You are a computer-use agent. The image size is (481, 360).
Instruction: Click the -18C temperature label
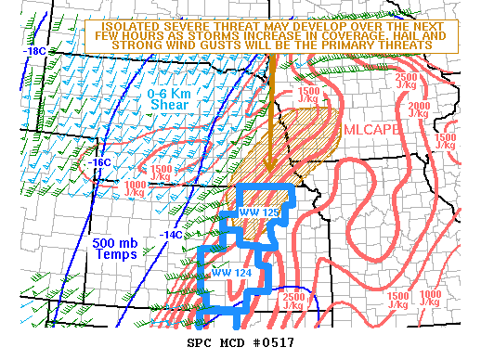click(x=35, y=51)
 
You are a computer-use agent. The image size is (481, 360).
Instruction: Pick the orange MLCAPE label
click(x=371, y=131)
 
